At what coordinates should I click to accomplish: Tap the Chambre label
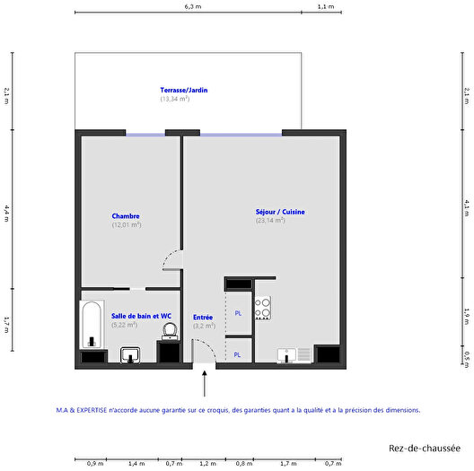(x=126, y=215)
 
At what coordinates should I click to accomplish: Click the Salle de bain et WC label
(x=141, y=316)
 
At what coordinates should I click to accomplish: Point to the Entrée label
(x=203, y=317)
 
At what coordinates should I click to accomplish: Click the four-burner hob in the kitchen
(x=263, y=309)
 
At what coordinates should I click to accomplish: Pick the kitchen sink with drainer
(x=294, y=354)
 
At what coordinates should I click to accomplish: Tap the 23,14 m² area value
(x=270, y=220)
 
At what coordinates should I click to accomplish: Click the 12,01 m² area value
(x=127, y=224)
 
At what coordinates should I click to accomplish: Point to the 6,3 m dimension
(x=193, y=6)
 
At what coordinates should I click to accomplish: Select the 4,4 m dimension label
(x=6, y=211)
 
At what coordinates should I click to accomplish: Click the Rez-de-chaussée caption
(x=425, y=447)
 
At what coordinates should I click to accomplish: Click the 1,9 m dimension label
(x=467, y=314)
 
